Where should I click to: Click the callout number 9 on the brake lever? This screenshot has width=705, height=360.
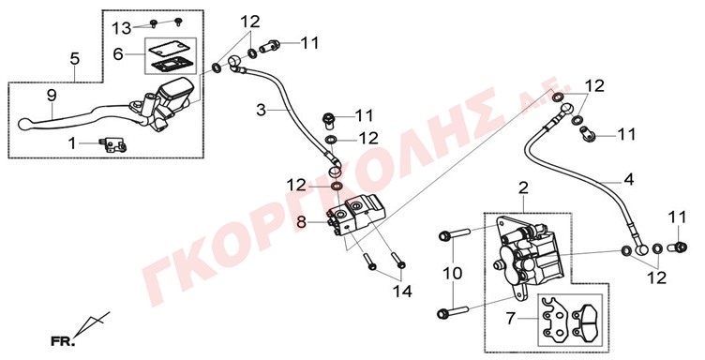click(52, 96)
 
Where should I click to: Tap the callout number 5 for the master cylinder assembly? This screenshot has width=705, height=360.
click(75, 58)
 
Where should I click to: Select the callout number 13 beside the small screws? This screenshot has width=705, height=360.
click(121, 28)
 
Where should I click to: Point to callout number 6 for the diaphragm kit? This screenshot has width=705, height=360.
click(118, 54)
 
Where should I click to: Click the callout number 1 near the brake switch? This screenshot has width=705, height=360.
click(72, 143)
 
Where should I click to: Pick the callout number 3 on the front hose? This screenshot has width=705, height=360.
click(262, 110)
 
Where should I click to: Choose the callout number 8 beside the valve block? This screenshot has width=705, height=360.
click(301, 221)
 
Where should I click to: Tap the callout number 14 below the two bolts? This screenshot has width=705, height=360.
click(402, 292)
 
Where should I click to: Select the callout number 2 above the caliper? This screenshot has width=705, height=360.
click(523, 188)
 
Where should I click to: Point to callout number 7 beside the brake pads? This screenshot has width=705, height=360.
click(510, 319)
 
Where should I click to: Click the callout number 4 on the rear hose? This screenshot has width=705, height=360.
click(628, 179)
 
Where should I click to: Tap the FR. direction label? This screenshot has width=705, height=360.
click(63, 341)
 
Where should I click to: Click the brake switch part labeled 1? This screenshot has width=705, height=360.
click(113, 144)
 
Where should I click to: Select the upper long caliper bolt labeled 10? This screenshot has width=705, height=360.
click(454, 234)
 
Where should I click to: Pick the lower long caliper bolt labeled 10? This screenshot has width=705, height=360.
click(453, 311)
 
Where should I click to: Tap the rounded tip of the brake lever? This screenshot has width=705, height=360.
click(23, 124)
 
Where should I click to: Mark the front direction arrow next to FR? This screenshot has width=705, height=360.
click(92, 323)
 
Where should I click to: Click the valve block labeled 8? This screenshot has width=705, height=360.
click(356, 215)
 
